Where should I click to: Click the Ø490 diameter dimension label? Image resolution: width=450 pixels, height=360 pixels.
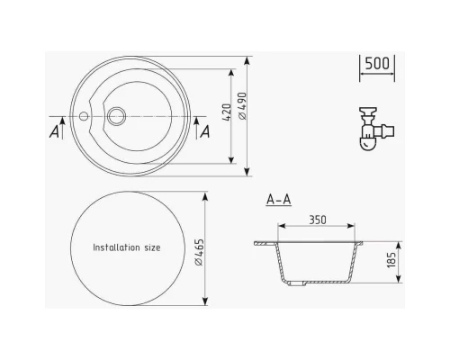point(243,106)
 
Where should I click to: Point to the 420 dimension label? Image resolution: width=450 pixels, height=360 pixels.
point(227,112)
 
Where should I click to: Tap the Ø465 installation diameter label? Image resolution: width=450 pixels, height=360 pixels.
point(199,252)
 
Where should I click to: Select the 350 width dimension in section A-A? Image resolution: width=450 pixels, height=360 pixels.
point(318,220)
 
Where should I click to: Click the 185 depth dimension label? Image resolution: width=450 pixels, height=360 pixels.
point(391,260)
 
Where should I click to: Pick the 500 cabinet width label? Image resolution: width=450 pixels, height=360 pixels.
point(377,63)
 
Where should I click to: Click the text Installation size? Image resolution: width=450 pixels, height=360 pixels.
point(127,247)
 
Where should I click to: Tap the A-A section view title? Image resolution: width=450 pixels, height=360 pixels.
point(279,200)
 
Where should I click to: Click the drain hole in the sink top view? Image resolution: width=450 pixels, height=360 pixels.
point(116,116)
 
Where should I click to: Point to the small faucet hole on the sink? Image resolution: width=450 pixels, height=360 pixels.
point(84,116)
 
